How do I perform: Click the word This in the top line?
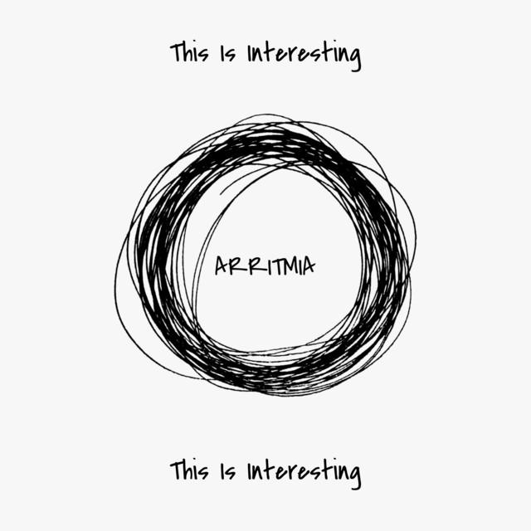pyautogui.click(x=189, y=52)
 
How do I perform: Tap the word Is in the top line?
pyautogui.click(x=227, y=54)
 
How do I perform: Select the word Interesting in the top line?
pyautogui.click(x=304, y=55)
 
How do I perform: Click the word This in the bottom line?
pyautogui.click(x=189, y=470)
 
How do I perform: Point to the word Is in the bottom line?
pyautogui.click(x=227, y=472)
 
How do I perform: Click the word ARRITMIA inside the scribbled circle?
pyautogui.click(x=265, y=265)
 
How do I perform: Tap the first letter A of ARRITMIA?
pyautogui.click(x=222, y=265)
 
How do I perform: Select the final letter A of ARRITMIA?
pyautogui.click(x=309, y=265)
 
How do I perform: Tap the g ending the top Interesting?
pyautogui.click(x=354, y=58)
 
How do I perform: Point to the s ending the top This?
pyautogui.click(x=204, y=56)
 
